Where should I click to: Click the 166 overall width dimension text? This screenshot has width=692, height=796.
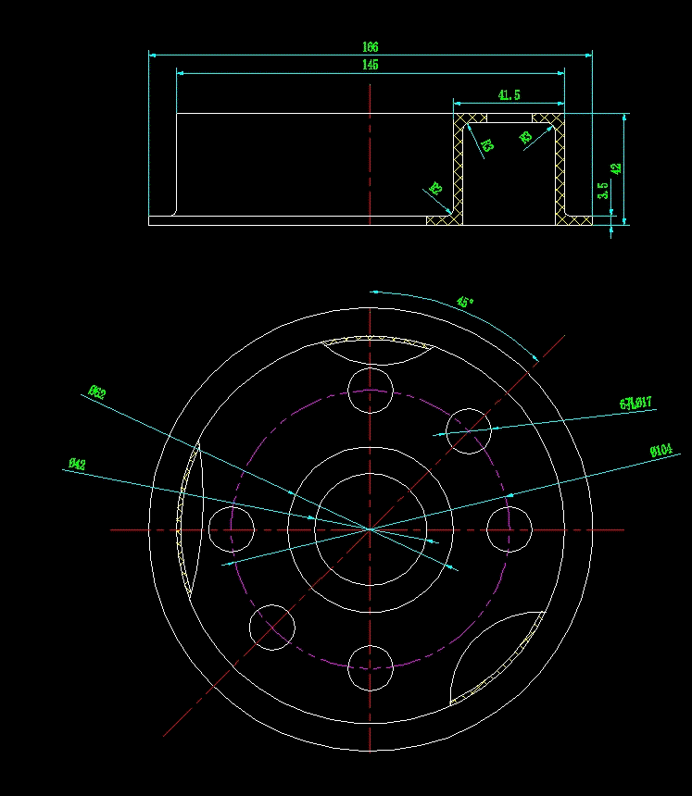click(x=371, y=46)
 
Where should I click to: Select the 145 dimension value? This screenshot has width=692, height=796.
click(x=371, y=65)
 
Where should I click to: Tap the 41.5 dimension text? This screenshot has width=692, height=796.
click(x=509, y=94)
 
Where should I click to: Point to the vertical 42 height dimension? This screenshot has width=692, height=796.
click(x=616, y=168)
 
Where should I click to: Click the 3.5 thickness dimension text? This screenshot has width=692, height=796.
click(x=603, y=191)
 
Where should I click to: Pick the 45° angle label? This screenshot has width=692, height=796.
click(x=465, y=302)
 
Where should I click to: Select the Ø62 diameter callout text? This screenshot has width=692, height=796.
click(x=96, y=392)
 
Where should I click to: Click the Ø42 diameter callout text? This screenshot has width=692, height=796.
click(x=77, y=464)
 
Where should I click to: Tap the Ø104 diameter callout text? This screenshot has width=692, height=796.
click(x=661, y=451)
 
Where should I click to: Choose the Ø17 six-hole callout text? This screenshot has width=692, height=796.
click(x=635, y=403)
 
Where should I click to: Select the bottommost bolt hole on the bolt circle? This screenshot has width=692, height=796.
click(x=371, y=668)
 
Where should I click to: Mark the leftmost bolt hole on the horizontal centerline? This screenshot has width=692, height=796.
click(x=231, y=529)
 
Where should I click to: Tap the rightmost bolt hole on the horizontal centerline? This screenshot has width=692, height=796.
click(x=510, y=529)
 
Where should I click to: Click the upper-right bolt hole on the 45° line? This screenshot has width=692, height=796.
click(x=469, y=430)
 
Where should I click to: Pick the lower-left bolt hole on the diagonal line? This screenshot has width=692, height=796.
click(x=272, y=628)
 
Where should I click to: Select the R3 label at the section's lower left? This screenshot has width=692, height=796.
click(x=435, y=188)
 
